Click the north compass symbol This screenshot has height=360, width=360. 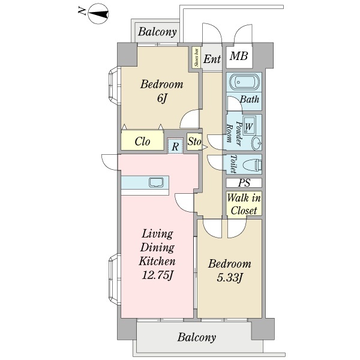[x=98, y=14]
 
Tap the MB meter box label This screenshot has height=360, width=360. [x=239, y=56]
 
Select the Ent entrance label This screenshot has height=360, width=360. [x=212, y=59]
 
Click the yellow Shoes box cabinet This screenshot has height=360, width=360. [x=196, y=58]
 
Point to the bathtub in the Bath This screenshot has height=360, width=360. [x=244, y=82]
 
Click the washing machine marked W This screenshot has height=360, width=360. [x=249, y=126]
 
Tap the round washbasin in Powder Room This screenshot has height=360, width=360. [x=257, y=143]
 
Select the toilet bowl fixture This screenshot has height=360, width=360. [x=252, y=164]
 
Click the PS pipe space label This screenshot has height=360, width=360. [x=244, y=183]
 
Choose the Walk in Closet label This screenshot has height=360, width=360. [x=244, y=204]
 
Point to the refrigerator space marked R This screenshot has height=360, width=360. [x=175, y=146]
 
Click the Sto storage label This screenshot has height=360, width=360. [x=194, y=142]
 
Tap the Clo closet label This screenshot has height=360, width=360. [x=142, y=142]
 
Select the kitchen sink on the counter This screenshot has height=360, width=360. [x=156, y=182]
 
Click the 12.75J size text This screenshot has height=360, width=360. [x=157, y=275]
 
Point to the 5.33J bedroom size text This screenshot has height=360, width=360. [x=229, y=278]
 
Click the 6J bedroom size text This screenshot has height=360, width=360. [x=161, y=99]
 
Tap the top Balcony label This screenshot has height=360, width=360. [x=157, y=32]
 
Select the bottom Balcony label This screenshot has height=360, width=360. [x=197, y=337]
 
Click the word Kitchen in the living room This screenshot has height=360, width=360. [x=157, y=261]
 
